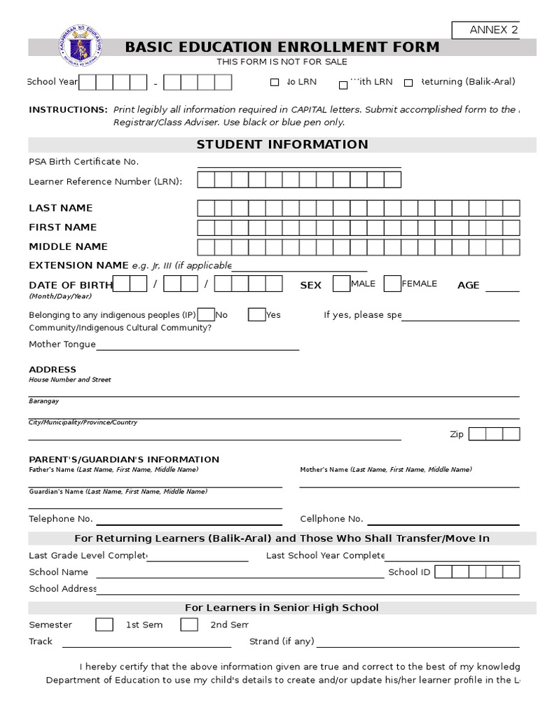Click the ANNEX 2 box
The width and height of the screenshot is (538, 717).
[x=494, y=29]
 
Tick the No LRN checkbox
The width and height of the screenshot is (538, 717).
[x=275, y=83]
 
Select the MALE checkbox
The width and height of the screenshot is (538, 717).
[x=341, y=284]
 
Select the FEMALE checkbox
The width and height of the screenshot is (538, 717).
[x=392, y=284]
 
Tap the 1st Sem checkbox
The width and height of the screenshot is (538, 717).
[x=104, y=625]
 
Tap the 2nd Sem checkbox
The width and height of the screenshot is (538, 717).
[x=189, y=625]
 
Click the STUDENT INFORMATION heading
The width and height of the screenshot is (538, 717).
[x=282, y=144]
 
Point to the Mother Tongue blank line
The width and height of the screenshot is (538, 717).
[x=198, y=348]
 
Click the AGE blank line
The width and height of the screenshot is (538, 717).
[x=502, y=289]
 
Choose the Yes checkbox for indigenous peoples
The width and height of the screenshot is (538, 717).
[x=256, y=314]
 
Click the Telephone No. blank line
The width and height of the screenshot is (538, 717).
[x=189, y=523]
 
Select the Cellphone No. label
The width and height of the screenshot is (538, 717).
[x=331, y=519]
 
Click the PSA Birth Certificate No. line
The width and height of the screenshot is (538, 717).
[x=299, y=166]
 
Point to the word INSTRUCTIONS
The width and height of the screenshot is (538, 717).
[x=68, y=110]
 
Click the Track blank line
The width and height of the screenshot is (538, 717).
[x=146, y=646]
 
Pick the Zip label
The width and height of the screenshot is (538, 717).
[x=457, y=434]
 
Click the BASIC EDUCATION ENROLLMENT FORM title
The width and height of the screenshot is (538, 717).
[x=282, y=47]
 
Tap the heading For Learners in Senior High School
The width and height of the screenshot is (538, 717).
[x=282, y=608]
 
